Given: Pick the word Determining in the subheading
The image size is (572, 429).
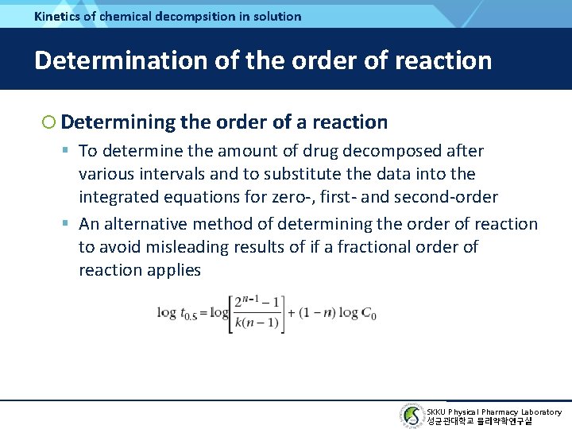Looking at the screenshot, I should [118, 122].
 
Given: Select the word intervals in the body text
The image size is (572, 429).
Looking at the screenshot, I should [167, 174].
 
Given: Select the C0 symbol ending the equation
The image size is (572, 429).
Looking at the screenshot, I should [369, 313].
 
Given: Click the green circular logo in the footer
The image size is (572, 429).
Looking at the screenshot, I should [411, 416].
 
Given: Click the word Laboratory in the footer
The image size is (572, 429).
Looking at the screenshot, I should [540, 412].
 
